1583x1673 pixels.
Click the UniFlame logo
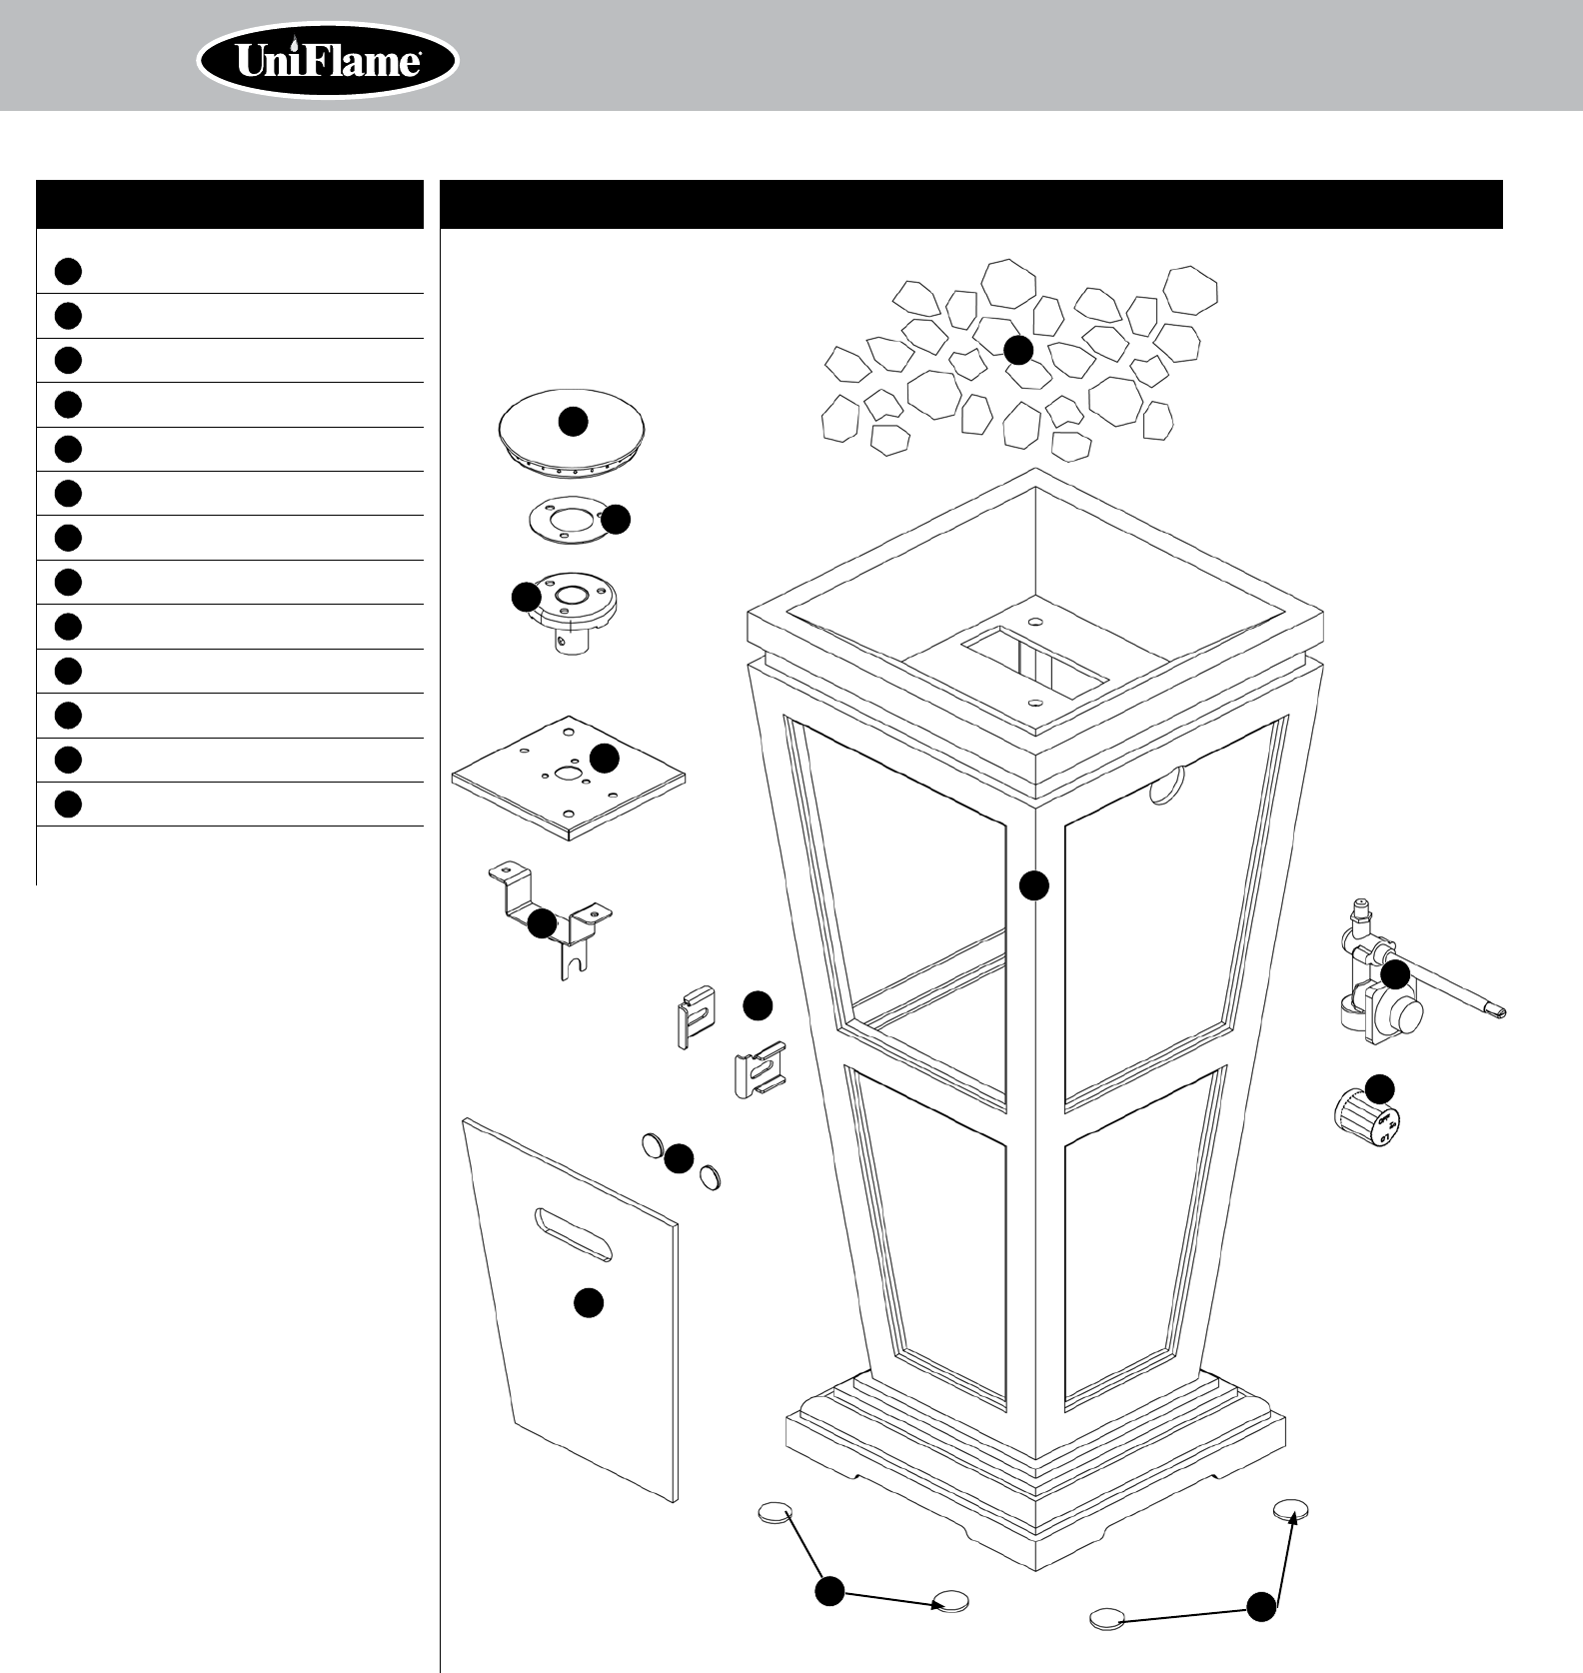tap(328, 62)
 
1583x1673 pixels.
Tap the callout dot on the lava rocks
tap(1017, 350)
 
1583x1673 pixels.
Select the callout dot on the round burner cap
tap(573, 422)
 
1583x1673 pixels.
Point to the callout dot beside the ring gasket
tap(617, 519)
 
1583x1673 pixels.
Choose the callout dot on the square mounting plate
tap(604, 758)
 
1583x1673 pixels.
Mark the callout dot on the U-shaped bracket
tap(542, 923)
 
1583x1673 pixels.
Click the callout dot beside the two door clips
tap(758, 1006)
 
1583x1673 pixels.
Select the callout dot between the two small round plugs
tap(679, 1158)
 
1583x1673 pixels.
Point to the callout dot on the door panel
tap(588, 1302)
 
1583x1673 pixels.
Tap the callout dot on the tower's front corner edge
tap(1034, 885)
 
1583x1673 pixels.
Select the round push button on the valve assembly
tap(1408, 1015)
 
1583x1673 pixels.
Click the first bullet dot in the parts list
tap(68, 271)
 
